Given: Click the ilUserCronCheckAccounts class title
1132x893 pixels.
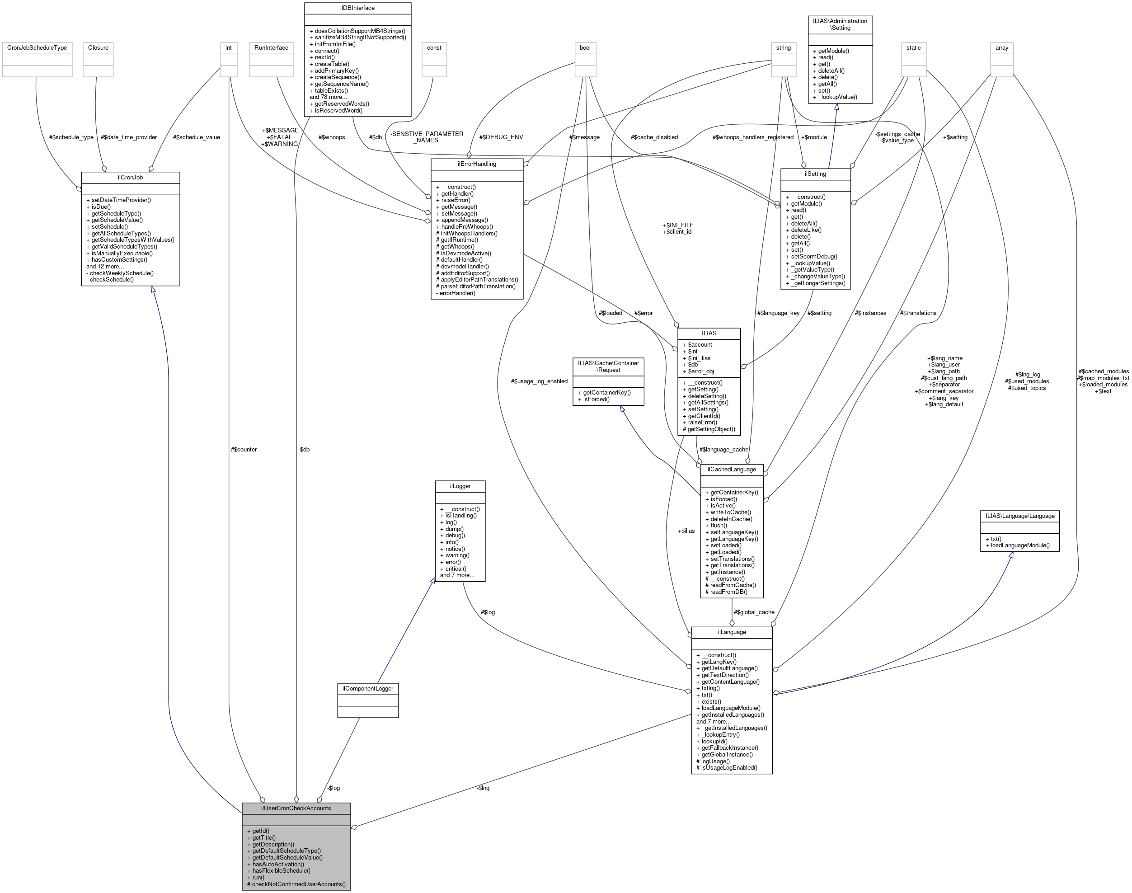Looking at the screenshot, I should pos(296,808).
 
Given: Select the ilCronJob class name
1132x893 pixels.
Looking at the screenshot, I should pos(130,177).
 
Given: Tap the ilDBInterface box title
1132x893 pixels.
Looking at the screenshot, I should pos(357,8).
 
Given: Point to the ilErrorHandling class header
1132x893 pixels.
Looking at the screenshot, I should pos(476,164).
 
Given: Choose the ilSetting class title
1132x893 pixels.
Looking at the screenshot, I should pos(815,174).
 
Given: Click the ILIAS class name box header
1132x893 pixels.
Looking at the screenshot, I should pos(709,333).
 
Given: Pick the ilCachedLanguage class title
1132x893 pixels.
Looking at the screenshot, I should pos(732,469).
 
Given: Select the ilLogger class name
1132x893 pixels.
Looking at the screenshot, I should pos(460,486).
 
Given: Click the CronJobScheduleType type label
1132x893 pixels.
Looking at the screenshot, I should pos(37,47).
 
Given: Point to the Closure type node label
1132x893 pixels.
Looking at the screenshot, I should pos(99,47).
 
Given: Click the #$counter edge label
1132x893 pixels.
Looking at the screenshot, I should pos(244,449).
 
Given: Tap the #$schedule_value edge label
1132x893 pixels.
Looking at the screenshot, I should pos(197,137).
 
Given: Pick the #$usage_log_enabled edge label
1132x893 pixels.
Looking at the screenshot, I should pos(539,381).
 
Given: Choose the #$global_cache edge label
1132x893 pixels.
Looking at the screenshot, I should pos(754,612).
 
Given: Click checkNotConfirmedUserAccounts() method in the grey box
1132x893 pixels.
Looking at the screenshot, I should pos(296,884).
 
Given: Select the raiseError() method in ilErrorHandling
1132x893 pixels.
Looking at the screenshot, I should pos(453,200).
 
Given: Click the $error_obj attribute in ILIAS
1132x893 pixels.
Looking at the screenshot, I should pos(698,371).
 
